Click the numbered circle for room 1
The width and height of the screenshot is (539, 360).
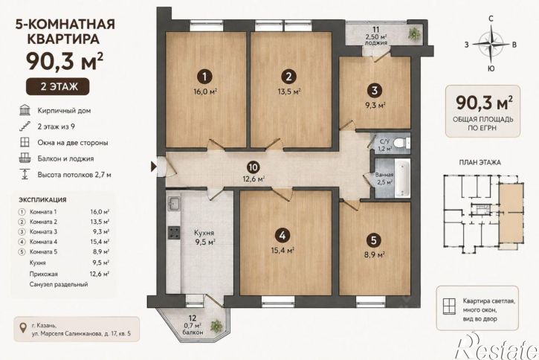pos(205,77)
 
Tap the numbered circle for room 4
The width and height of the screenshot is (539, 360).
pos(283,235)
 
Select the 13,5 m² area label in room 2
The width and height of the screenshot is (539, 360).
pos(289,91)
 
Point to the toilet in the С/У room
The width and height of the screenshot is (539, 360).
pos(401,142)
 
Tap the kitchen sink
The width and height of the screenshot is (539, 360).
pos(173,204)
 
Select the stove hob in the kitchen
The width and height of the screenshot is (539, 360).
pos(173,232)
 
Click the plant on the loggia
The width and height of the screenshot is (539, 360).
pos(414,33)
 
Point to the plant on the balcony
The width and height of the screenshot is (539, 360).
pos(217,325)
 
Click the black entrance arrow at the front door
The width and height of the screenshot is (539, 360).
pos(153,167)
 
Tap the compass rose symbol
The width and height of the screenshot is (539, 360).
pos(491,44)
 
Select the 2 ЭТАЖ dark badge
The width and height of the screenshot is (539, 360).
pos(58,86)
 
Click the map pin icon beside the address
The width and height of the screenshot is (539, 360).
pos(23,327)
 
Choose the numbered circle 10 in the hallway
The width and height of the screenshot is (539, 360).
pos(253,167)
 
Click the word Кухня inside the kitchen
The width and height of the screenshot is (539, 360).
pos(204,233)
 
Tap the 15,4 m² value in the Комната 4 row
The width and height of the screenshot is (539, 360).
pos(100,242)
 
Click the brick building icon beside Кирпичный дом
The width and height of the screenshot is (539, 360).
pos(25,110)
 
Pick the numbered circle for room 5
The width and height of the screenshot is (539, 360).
pos(374,240)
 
